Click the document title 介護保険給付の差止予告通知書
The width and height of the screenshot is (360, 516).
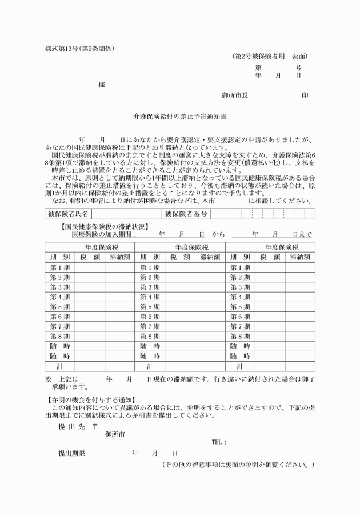tap(180, 115)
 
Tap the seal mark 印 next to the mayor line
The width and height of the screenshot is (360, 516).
tap(305, 95)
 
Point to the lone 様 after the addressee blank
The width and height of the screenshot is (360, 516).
tap(102, 85)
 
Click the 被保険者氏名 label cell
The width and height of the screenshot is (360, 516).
tap(67, 214)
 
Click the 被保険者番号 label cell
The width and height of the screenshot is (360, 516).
tap(186, 214)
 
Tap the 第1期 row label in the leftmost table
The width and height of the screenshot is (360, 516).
tap(60, 267)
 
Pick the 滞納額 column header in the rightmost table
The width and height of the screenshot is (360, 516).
tap(300, 257)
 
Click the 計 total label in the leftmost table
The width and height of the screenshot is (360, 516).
tap(60, 366)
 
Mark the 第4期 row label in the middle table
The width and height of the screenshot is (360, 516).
tap(150, 297)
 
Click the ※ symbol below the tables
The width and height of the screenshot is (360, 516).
tap(49, 379)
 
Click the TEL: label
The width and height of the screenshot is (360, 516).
tap(219, 442)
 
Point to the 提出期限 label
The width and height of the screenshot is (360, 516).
tap(71, 453)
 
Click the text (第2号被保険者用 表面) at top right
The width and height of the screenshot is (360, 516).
tap(270, 56)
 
